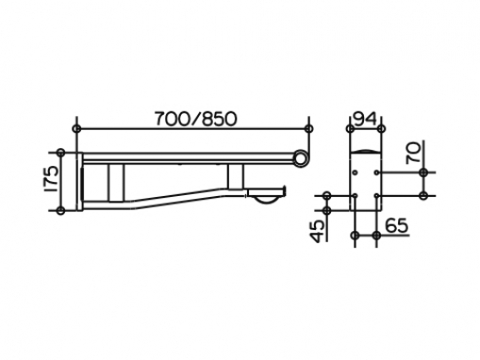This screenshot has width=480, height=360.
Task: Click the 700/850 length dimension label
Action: point(195,119)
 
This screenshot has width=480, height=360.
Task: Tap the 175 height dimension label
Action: point(51,179)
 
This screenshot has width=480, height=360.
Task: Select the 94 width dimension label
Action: point(365,119)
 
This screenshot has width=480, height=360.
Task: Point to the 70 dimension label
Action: point(413,153)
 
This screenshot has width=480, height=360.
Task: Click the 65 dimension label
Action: point(397,225)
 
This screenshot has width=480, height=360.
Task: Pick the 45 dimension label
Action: point(319,231)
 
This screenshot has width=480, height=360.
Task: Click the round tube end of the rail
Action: point(301,157)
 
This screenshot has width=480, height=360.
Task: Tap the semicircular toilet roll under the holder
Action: point(267,200)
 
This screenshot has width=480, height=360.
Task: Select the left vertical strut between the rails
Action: point(116,183)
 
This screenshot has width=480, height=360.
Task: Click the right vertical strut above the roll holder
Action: point(236,176)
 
